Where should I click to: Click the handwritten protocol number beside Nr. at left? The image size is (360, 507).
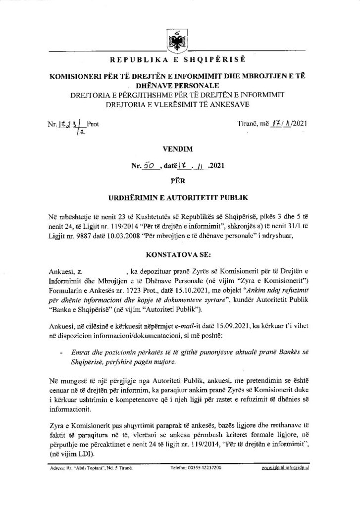click(69, 125)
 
